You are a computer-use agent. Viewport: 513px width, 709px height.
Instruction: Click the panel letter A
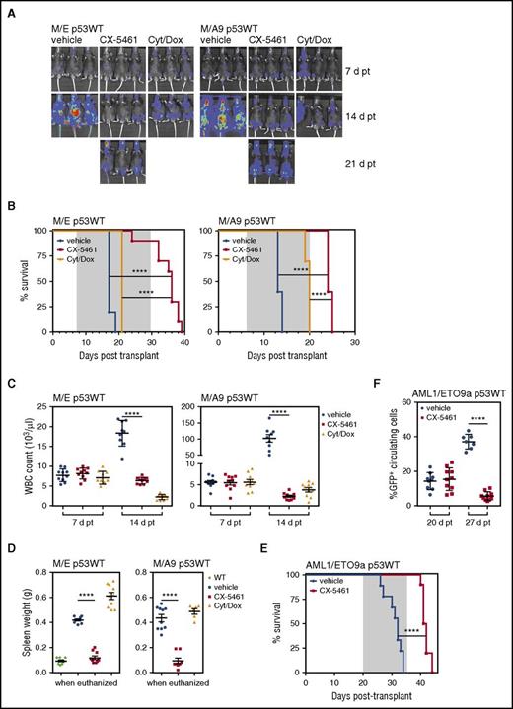(x=13, y=8)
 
